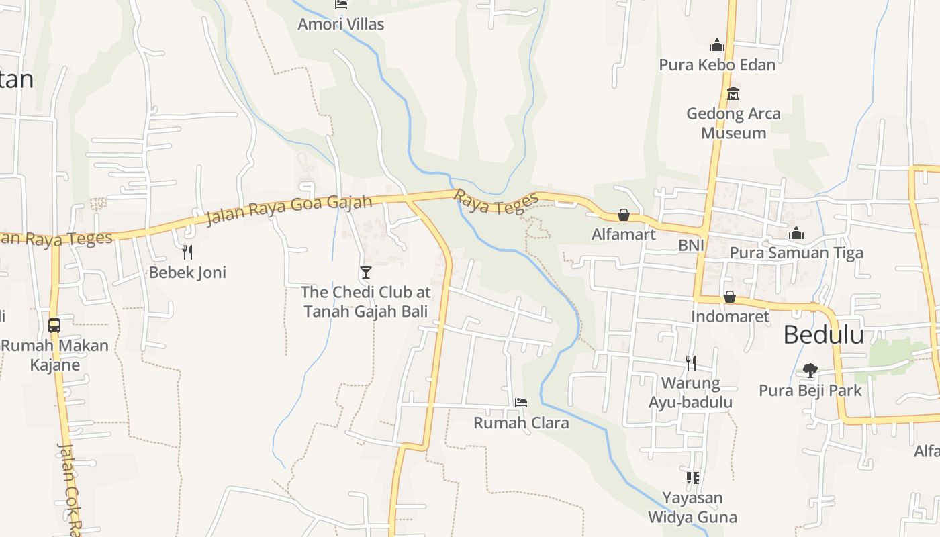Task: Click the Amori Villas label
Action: coord(341,25)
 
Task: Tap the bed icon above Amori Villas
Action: coord(341,4)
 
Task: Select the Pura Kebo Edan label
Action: coord(717,65)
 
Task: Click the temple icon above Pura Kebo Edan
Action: coord(717,45)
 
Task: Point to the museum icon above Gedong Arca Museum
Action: coord(733,93)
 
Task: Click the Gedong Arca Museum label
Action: coord(733,123)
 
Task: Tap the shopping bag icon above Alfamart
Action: coord(624,215)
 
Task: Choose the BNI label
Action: coord(691,246)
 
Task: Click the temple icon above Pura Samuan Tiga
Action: coord(796,234)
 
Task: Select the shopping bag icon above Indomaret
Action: coord(730,297)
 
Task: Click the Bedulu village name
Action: coord(823,334)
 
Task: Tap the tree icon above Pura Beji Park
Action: coord(810,370)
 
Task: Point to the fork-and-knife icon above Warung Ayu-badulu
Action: coord(690,363)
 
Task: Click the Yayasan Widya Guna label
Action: coord(692,507)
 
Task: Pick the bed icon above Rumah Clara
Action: coord(521,403)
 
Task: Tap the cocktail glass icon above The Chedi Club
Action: coord(366,272)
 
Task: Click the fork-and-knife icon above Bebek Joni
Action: coord(187,252)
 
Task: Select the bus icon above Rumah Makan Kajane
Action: coord(54,326)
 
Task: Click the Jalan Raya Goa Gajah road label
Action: coord(289,209)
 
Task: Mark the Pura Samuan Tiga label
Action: coord(796,253)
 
